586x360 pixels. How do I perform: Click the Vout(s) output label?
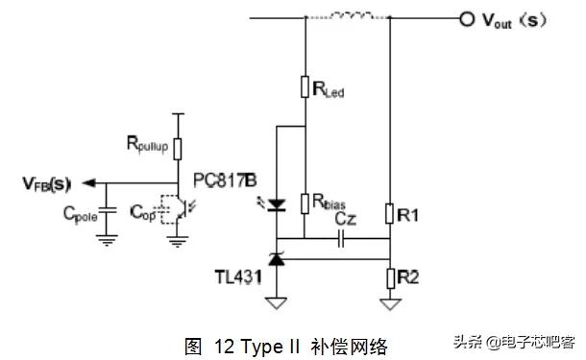pyautogui.click(x=519, y=19)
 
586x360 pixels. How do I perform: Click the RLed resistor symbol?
pyautogui.click(x=305, y=89)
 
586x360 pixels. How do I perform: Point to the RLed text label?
pyautogui.click(x=329, y=91)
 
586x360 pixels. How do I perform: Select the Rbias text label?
pyautogui.click(x=329, y=203)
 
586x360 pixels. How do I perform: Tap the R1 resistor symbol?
pyautogui.click(x=390, y=213)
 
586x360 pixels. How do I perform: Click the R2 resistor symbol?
pyautogui.click(x=390, y=277)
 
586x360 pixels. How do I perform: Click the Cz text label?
pyautogui.click(x=346, y=220)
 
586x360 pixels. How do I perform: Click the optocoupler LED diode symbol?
pyautogui.click(x=277, y=204)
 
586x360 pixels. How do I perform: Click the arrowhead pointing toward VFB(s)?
pyautogui.click(x=89, y=182)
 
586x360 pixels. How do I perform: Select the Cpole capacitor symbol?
pyautogui.click(x=107, y=208)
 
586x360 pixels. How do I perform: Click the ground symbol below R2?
pyautogui.click(x=390, y=305)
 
